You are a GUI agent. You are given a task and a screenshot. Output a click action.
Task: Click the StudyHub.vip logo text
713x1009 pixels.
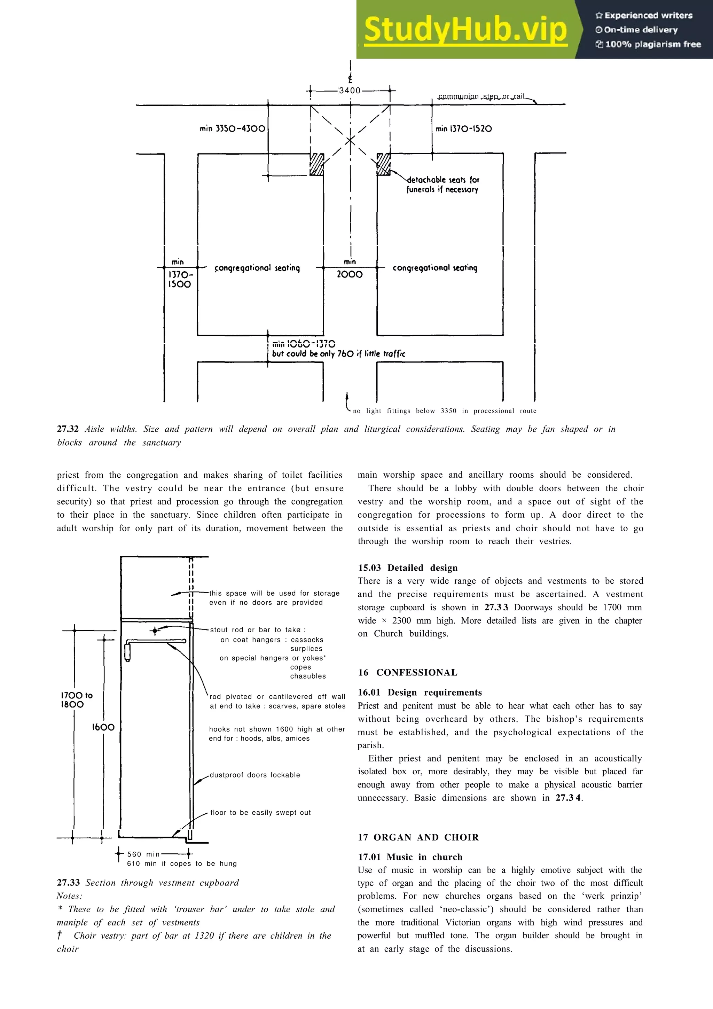pos(465,30)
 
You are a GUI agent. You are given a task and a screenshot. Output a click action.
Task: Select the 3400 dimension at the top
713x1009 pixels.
pos(350,91)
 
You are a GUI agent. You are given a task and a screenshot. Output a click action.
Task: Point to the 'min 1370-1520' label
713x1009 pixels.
pos(463,129)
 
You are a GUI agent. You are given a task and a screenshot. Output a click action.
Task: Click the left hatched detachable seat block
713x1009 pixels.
pos(316,164)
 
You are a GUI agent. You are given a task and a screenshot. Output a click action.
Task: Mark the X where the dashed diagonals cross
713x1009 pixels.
pos(350,141)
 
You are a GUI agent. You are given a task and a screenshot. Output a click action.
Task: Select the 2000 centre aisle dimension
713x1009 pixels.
pos(350,275)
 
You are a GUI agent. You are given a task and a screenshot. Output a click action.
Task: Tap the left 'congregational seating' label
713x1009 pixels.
pos(257,268)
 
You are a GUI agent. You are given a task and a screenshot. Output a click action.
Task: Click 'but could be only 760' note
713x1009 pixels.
pos(338,354)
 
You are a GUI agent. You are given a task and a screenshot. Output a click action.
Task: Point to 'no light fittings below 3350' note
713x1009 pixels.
pos(444,411)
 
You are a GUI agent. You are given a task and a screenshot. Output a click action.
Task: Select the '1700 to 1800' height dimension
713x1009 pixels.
pos(77,699)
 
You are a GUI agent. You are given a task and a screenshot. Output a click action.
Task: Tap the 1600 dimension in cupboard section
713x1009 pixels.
pos(103,727)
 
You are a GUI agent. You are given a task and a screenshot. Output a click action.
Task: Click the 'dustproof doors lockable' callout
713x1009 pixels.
pos(255,775)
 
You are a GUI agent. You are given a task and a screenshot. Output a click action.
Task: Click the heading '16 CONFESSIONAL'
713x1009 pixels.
pos(407,672)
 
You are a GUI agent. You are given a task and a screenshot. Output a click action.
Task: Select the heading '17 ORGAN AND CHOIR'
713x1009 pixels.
pos(418,837)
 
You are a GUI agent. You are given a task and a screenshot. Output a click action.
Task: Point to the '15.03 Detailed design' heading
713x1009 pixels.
pos(407,568)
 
